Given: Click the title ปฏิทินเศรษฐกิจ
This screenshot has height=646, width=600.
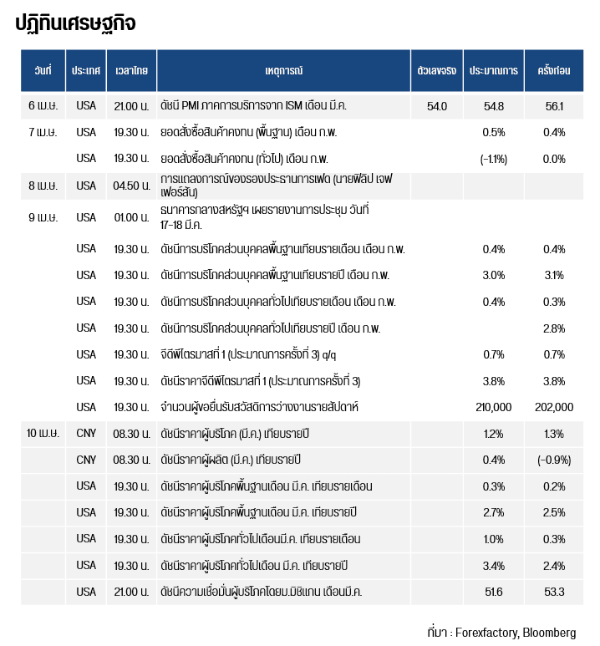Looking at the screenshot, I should pyautogui.click(x=75, y=23).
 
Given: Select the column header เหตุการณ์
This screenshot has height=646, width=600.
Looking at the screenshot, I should pyautogui.click(x=282, y=71).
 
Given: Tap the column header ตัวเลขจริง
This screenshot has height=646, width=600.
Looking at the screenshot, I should pyautogui.click(x=436, y=71).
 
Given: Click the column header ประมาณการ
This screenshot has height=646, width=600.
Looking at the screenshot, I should pyautogui.click(x=493, y=71).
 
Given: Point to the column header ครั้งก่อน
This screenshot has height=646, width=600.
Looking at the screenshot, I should pyautogui.click(x=553, y=71).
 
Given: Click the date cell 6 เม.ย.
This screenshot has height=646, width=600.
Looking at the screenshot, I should pyautogui.click(x=43, y=106).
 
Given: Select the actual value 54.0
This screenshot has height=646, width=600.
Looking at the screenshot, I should pyautogui.click(x=436, y=106).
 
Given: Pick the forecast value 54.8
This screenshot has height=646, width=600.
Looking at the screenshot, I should pyautogui.click(x=493, y=106).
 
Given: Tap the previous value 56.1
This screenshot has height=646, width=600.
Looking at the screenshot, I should pyautogui.click(x=554, y=106).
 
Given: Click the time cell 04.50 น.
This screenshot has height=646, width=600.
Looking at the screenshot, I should pyautogui.click(x=132, y=186).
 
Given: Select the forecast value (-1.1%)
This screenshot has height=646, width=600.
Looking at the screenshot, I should pyautogui.click(x=493, y=159).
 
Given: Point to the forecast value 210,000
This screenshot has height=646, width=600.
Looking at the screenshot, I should pyautogui.click(x=493, y=407).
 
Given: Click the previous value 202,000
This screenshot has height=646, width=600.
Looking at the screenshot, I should pyautogui.click(x=554, y=407).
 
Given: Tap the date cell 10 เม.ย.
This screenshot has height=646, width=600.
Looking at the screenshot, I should pyautogui.click(x=43, y=434).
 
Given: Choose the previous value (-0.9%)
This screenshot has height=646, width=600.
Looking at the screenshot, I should pyautogui.click(x=554, y=460).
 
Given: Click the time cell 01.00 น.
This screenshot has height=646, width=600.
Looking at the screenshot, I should pyautogui.click(x=132, y=217).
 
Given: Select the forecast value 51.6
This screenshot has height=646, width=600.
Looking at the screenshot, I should pyautogui.click(x=493, y=592).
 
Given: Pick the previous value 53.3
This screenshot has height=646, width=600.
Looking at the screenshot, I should pyautogui.click(x=554, y=592).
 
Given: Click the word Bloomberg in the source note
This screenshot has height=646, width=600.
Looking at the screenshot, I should pyautogui.click(x=549, y=632).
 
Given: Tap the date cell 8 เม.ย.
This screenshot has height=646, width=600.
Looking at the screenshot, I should pyautogui.click(x=43, y=186).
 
